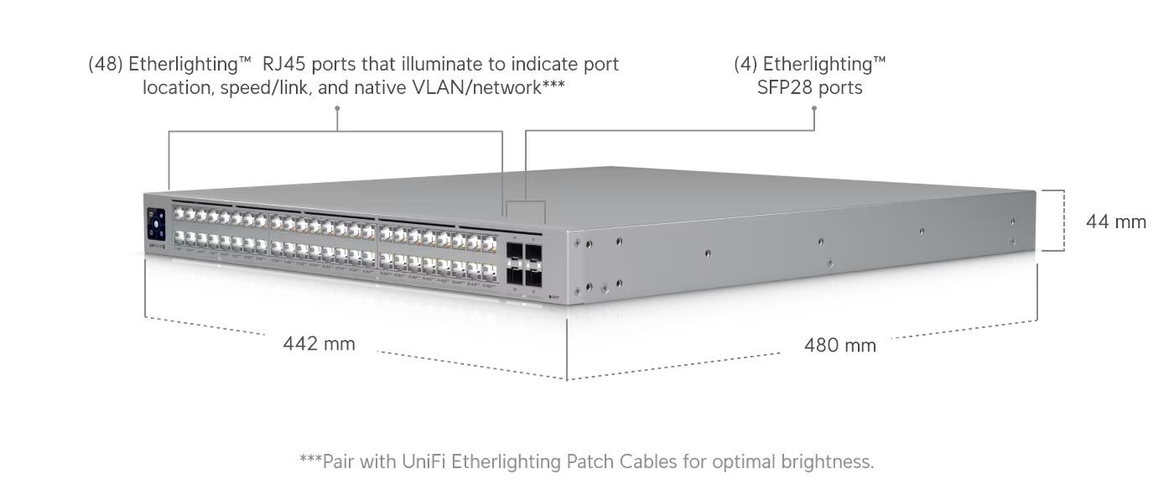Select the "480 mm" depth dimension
(839, 345)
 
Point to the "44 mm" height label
(1115, 221)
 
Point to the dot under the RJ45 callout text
(337, 108)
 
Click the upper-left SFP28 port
(514, 251)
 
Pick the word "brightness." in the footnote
(829, 461)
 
